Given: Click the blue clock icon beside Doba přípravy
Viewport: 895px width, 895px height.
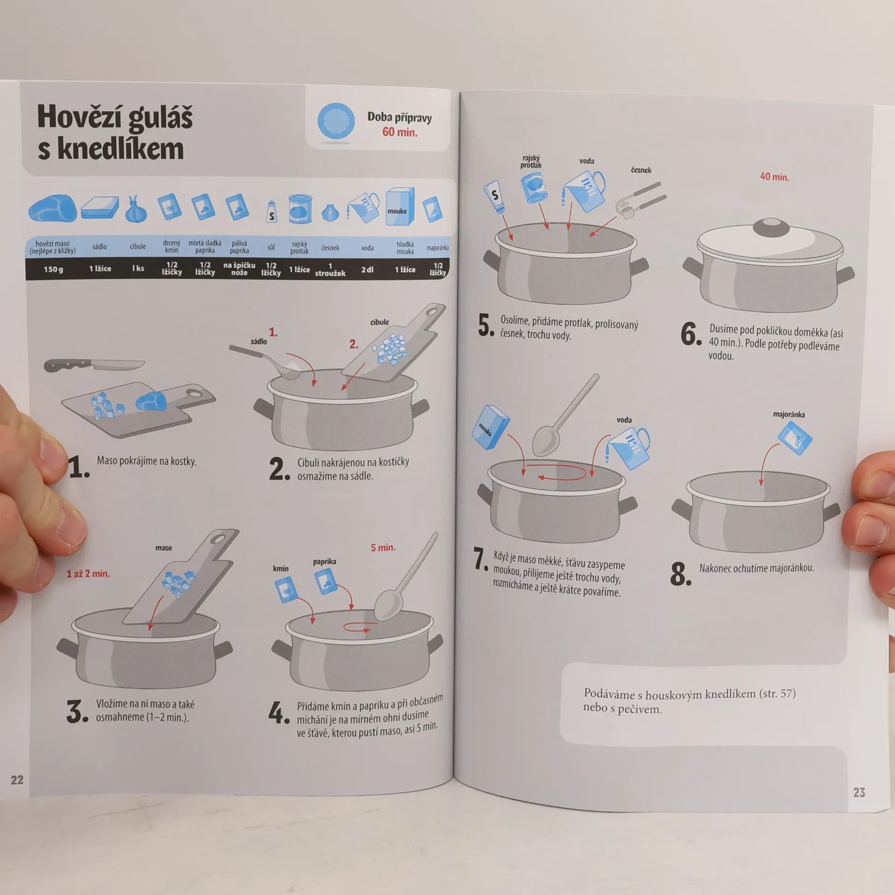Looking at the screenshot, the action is [336, 121].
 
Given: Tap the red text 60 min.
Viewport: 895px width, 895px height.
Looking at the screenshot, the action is [400, 132].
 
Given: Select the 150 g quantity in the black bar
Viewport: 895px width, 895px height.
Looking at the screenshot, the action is [53, 269].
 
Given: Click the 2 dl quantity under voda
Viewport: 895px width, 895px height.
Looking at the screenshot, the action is [367, 269].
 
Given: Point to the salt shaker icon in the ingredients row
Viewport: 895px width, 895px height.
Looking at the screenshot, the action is [271, 212].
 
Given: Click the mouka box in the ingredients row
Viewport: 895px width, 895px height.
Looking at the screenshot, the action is [399, 207].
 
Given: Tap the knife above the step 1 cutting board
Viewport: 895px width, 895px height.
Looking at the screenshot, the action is [94, 365].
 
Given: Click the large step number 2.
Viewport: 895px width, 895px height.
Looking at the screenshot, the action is [279, 469].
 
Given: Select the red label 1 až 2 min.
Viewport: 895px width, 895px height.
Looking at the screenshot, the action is [88, 574].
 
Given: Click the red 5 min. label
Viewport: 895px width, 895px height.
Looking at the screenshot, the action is [383, 548].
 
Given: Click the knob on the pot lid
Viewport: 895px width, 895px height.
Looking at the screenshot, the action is [771, 228].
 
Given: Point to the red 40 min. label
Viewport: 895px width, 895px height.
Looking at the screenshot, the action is [775, 177].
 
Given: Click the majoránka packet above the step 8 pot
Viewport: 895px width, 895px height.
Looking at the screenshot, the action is [795, 438].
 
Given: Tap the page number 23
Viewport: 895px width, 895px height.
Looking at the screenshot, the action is [859, 792].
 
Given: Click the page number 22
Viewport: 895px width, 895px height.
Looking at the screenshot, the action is [17, 780].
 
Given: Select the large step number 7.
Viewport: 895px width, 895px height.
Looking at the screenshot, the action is [481, 559].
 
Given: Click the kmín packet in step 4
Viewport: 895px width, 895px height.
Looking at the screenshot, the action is [286, 590].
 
